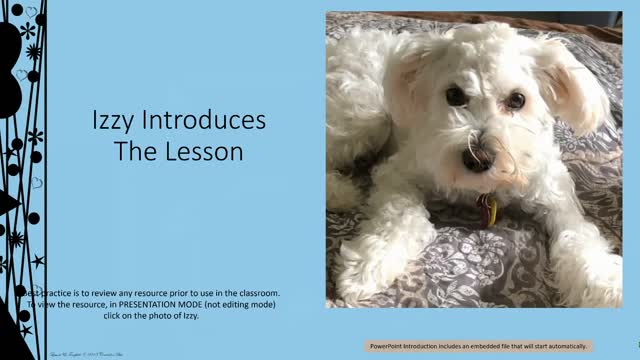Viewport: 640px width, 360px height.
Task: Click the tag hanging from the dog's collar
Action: click(487, 209)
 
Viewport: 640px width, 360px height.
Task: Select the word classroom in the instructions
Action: click(251, 291)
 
